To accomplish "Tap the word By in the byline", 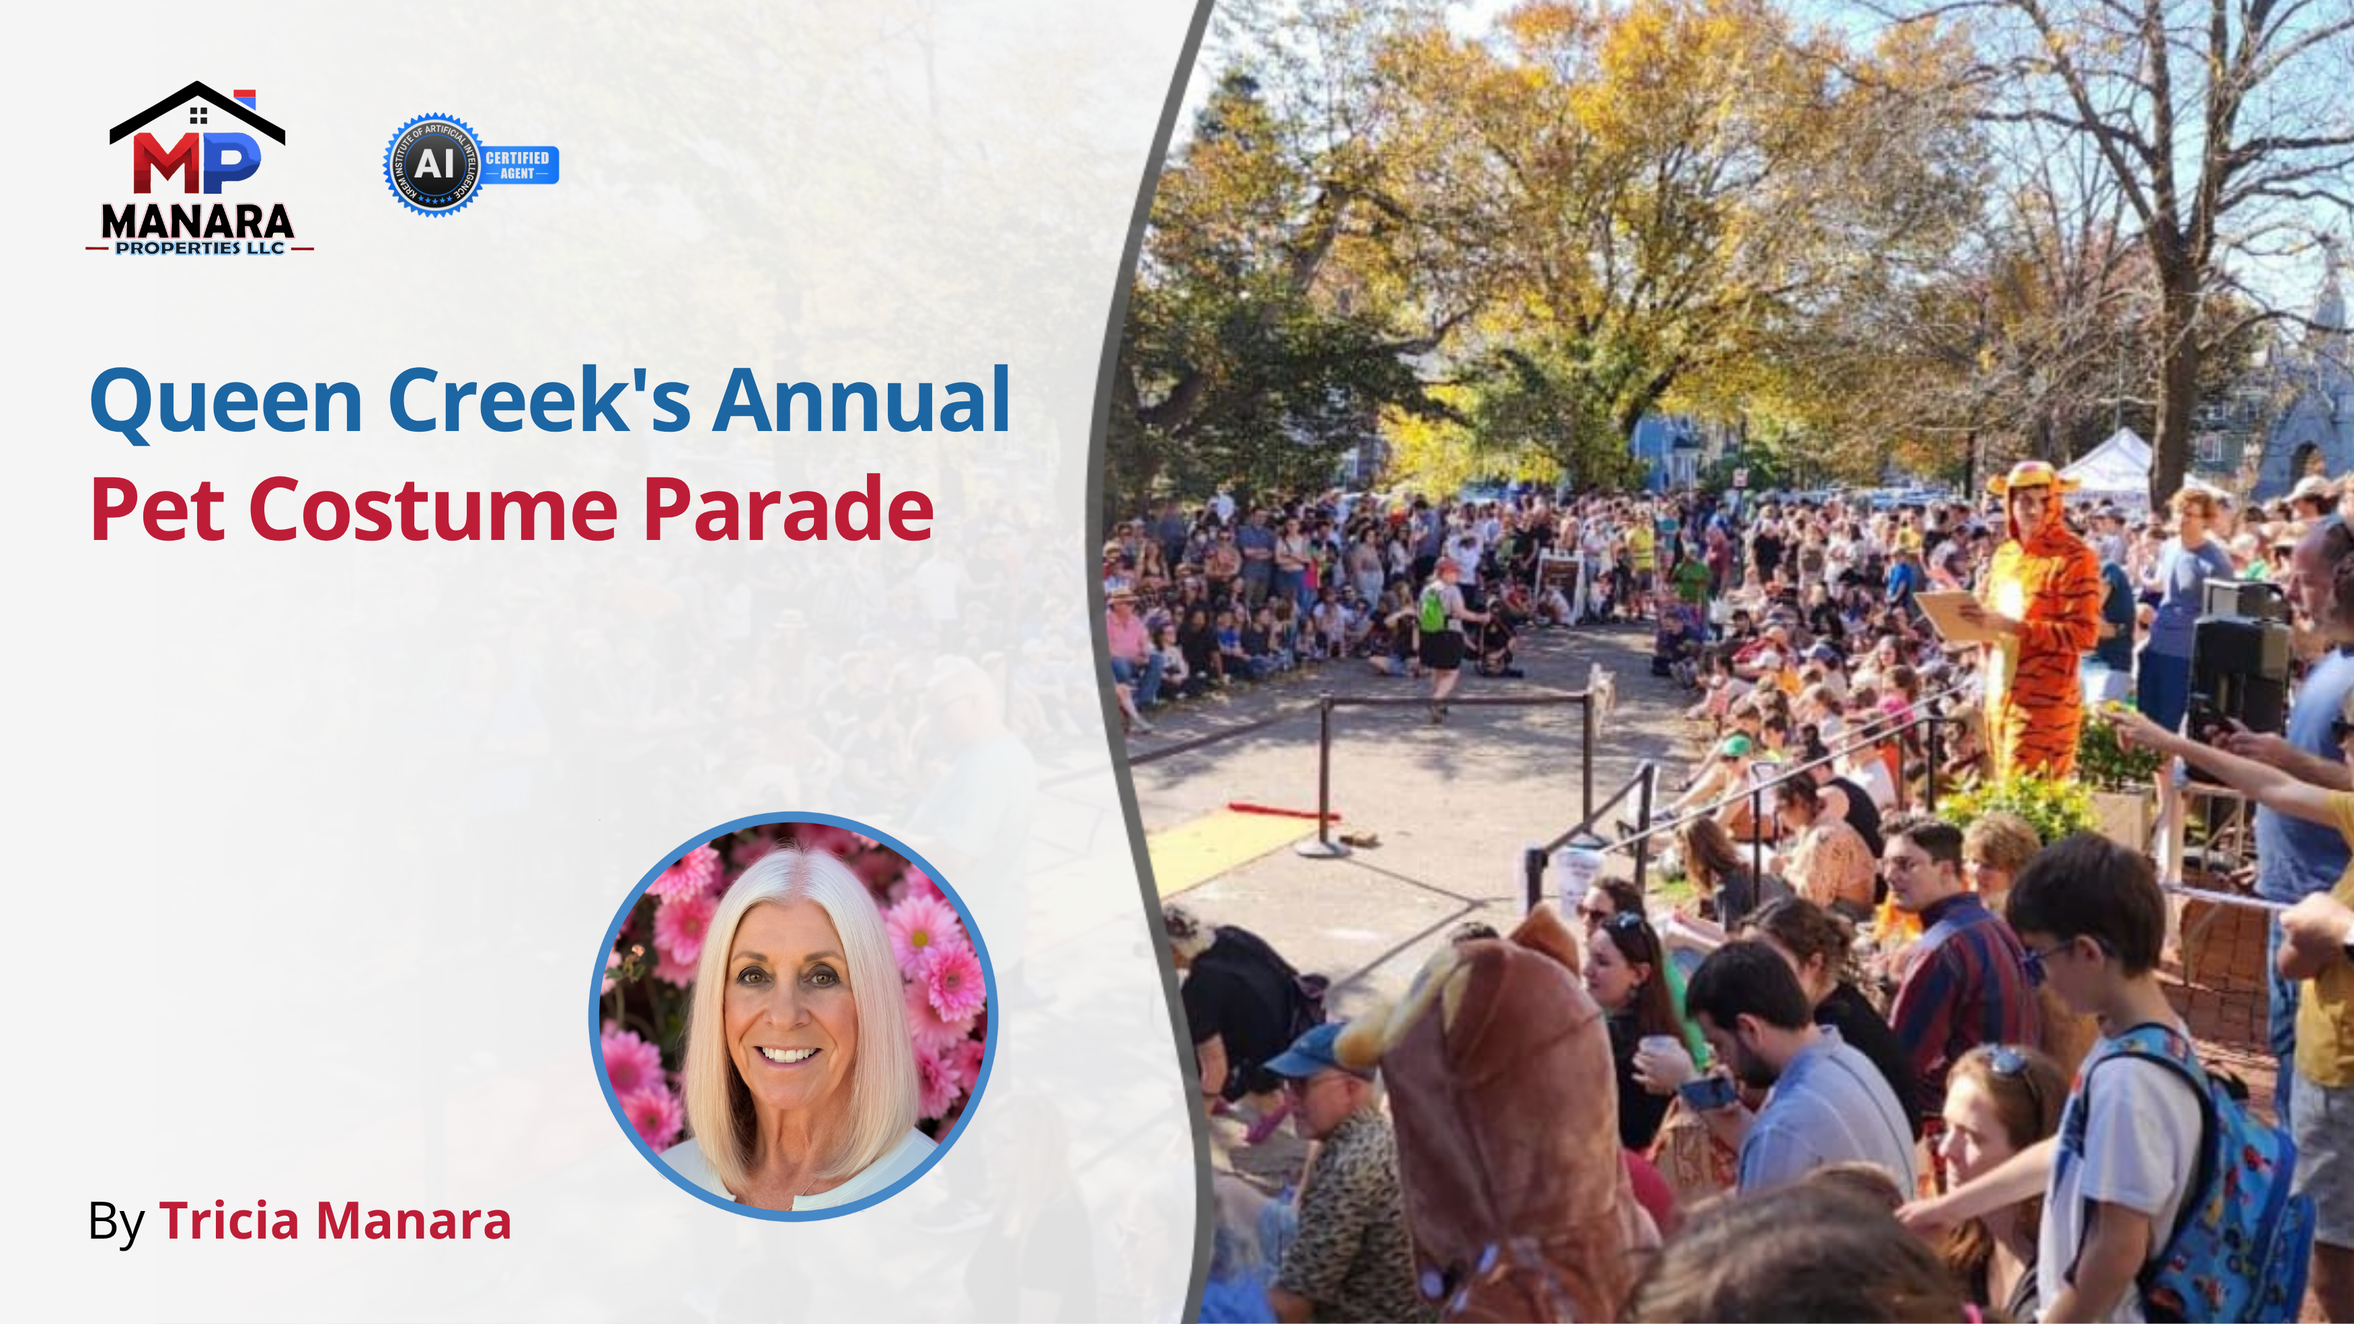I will pos(116,1222).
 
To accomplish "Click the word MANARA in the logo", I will pos(197,221).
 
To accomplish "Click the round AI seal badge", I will pos(434,165).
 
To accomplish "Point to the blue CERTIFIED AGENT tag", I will pos(517,165).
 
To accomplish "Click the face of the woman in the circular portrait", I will pos(789,1005).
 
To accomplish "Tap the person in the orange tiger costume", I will pos(2040,621).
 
